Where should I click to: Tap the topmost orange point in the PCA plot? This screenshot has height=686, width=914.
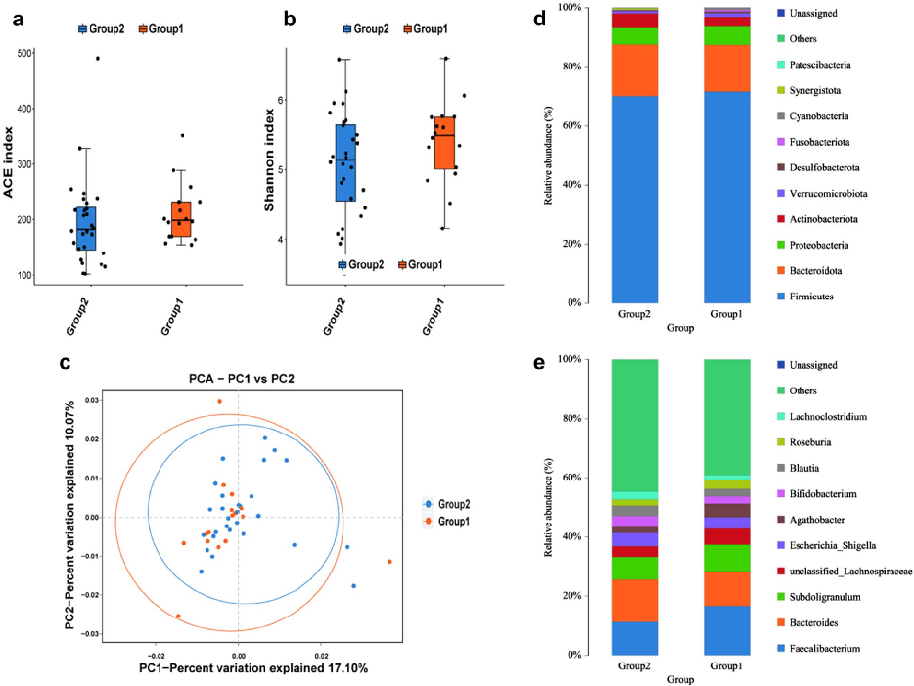[219, 401]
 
